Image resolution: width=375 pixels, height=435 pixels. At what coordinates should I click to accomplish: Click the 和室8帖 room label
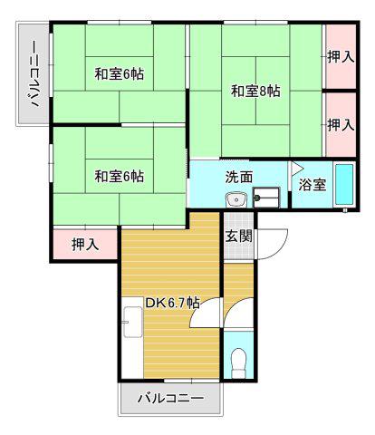[x=255, y=91]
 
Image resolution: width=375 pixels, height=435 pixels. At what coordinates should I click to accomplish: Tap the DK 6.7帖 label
[x=172, y=303]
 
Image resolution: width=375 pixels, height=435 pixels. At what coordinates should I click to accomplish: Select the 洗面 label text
[x=239, y=178]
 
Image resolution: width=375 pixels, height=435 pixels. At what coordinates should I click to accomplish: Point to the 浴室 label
[x=312, y=185]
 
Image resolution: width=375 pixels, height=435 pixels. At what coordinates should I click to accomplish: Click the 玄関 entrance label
[x=239, y=236]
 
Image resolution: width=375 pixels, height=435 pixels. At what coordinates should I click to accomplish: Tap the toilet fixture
[x=238, y=362]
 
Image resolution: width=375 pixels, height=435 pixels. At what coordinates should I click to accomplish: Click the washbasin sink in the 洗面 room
[x=236, y=199]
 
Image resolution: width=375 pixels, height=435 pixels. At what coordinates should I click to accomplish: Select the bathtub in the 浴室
[x=344, y=185]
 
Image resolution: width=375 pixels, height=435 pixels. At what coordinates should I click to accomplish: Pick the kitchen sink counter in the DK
[x=133, y=322]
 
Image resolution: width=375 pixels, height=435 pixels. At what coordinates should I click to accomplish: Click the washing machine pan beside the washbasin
[x=266, y=198]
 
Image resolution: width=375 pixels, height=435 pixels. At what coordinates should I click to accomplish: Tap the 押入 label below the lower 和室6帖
[x=85, y=244]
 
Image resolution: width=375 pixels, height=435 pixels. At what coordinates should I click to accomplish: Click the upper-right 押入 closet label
[x=341, y=56]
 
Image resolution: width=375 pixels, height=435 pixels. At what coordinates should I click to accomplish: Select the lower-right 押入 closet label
[x=341, y=125]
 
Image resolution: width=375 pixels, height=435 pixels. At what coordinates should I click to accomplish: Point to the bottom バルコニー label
[x=170, y=399]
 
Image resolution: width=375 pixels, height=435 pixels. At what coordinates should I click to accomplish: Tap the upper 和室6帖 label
[x=120, y=73]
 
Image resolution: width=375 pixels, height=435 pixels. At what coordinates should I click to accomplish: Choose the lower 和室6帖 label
[x=120, y=176]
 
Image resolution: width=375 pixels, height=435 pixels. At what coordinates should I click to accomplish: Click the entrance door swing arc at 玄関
[x=279, y=247]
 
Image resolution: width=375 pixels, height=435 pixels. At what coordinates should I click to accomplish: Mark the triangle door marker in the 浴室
[x=296, y=168]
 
